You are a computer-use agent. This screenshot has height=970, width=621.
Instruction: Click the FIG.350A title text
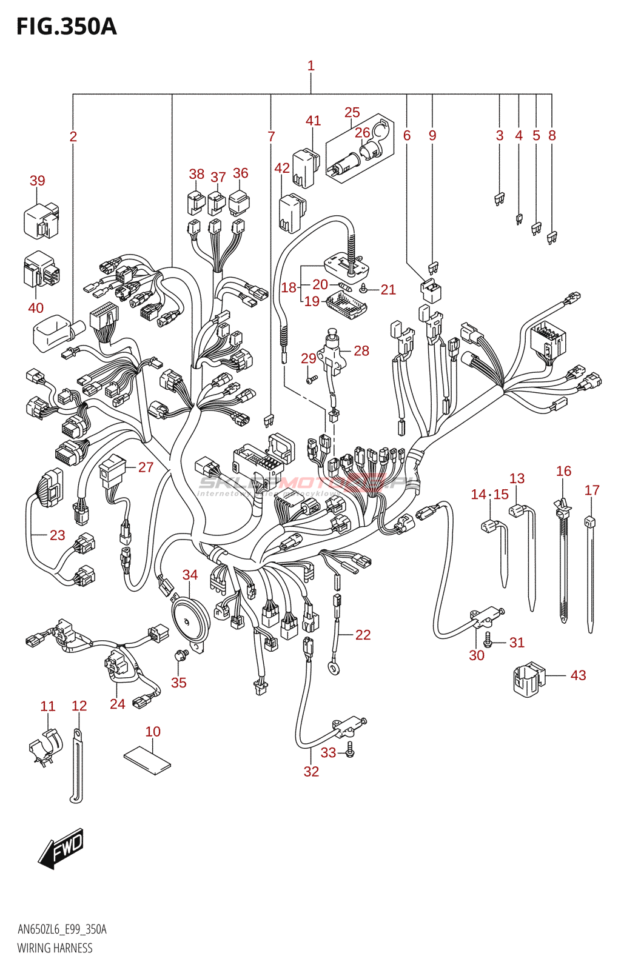coord(66,27)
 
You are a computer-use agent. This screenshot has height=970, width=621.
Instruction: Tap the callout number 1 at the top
coord(311,65)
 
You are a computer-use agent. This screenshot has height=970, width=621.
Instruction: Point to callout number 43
coord(578,675)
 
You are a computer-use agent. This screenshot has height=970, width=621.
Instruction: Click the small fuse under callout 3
coord(499,198)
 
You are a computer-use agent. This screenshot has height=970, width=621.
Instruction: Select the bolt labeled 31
coord(487,637)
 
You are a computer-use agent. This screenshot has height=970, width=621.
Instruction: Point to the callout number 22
coord(363,635)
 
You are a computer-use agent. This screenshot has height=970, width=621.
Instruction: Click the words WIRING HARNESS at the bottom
coord(55,948)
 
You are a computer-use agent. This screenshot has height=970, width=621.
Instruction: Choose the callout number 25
coord(352,113)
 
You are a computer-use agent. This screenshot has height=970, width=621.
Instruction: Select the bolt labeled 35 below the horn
coord(180,656)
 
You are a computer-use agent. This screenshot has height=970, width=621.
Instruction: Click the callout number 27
coord(146,467)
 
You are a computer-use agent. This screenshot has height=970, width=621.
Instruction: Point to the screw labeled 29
coord(312,380)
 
